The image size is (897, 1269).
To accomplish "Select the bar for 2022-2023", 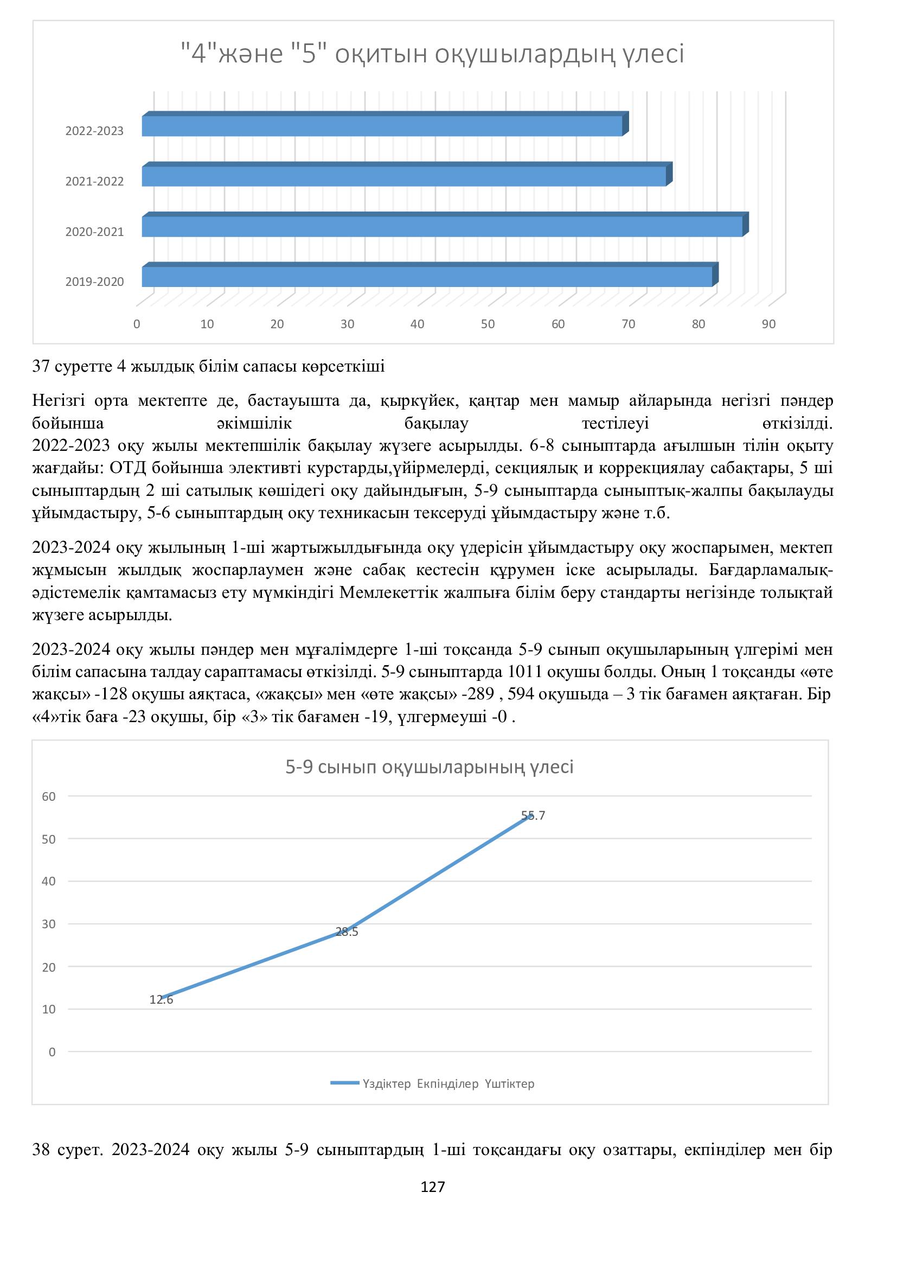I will (x=382, y=126).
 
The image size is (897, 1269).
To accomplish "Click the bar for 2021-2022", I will (x=404, y=176).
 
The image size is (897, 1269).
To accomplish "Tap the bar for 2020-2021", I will (x=442, y=227).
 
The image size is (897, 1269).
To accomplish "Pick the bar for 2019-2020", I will (x=427, y=277).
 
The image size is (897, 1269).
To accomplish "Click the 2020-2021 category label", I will (x=94, y=232).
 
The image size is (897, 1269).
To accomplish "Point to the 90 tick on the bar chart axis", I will (x=768, y=324).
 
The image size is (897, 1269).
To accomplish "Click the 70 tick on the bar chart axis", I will (x=628, y=324).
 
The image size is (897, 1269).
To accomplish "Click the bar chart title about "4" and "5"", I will (x=432, y=55).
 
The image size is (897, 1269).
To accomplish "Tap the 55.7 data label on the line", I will (x=533, y=816).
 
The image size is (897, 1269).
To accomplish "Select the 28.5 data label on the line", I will (x=347, y=933).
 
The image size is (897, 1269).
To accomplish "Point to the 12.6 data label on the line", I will (x=161, y=1000).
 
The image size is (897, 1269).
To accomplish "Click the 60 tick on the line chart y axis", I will (x=49, y=796).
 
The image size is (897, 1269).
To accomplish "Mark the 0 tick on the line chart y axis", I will (x=53, y=1053).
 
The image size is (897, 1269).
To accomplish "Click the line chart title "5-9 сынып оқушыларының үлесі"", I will (x=429, y=767).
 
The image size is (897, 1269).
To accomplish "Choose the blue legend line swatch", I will (x=345, y=1083).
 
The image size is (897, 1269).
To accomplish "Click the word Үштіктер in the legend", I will (x=509, y=1084).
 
